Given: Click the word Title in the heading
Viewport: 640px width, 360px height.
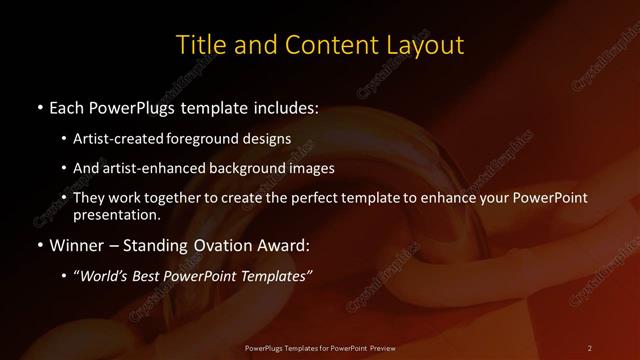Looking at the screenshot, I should (x=198, y=45).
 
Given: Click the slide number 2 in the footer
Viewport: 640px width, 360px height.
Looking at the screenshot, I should (x=589, y=347).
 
